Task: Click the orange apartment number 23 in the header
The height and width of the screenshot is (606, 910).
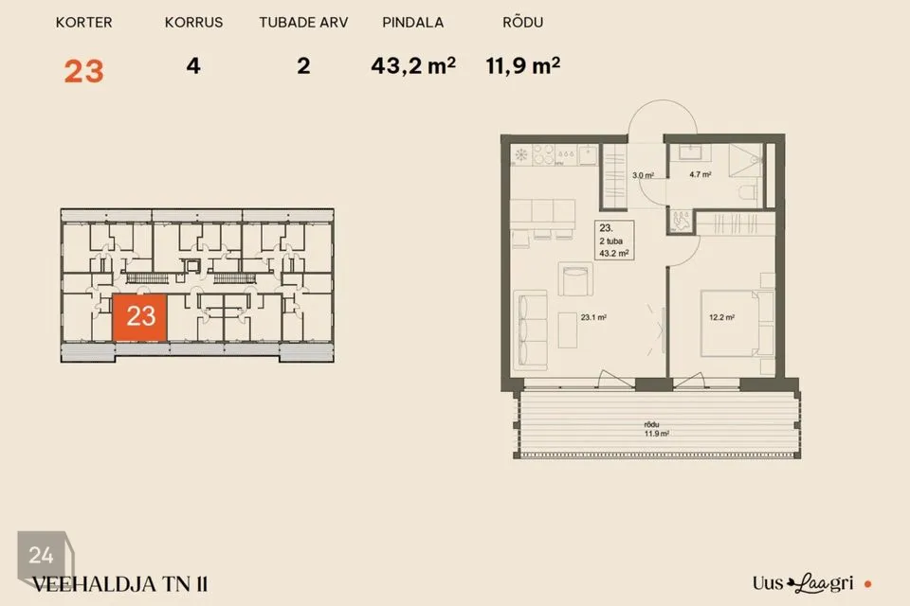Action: (x=84, y=71)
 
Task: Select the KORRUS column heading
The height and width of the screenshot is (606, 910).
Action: (x=193, y=23)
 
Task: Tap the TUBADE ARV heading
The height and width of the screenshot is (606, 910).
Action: (x=303, y=23)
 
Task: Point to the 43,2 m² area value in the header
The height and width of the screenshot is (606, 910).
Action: (x=413, y=65)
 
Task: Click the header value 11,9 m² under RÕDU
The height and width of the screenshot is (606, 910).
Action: (x=523, y=65)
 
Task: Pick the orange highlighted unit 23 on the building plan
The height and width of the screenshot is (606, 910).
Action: (x=140, y=317)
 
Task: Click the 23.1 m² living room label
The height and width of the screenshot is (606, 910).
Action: (x=593, y=317)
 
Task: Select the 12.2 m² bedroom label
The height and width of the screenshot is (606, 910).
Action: (x=722, y=317)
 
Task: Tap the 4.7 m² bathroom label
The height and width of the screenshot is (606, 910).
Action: (x=701, y=174)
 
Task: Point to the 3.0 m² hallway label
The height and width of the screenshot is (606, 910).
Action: (x=643, y=175)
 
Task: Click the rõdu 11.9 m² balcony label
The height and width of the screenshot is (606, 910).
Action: (x=656, y=429)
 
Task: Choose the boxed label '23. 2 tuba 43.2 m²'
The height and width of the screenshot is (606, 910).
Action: (x=614, y=241)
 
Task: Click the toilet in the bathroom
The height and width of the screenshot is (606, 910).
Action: (x=748, y=192)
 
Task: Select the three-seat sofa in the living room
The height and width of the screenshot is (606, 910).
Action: (x=531, y=330)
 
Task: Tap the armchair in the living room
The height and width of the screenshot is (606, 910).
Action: (x=575, y=279)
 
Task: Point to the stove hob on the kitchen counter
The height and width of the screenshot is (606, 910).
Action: (x=544, y=154)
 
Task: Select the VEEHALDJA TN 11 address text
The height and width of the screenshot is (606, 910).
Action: (x=119, y=584)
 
